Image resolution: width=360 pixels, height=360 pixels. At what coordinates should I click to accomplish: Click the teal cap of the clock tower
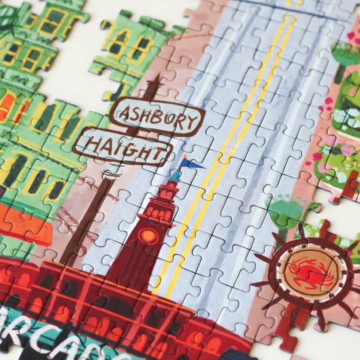coord(175,175)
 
